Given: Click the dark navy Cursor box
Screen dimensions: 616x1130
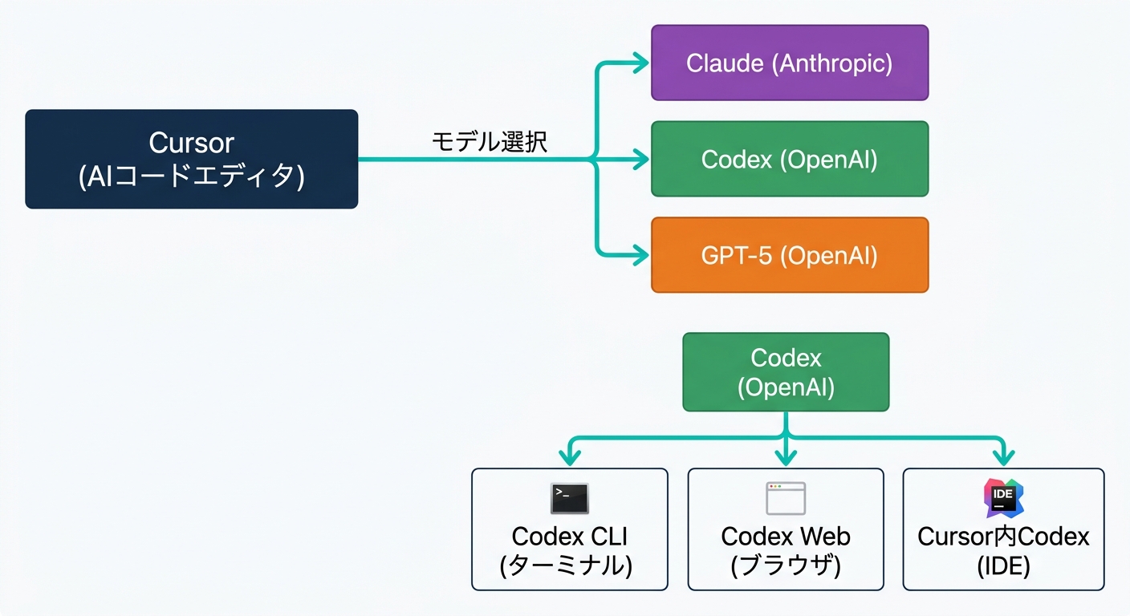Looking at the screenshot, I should (191, 159).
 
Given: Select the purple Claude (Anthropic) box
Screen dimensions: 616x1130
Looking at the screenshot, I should (789, 63).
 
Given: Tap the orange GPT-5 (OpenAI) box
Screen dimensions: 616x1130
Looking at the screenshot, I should (789, 255).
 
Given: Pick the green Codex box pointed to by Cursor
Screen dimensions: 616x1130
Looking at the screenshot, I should (789, 159).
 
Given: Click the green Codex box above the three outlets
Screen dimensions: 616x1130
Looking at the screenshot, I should (786, 372).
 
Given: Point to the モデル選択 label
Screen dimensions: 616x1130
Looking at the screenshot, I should (490, 143).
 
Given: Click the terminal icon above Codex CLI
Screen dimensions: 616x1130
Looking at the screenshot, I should (570, 498).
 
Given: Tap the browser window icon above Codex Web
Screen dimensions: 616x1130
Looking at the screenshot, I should (786, 498).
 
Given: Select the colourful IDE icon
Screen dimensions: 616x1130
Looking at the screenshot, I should (1004, 498).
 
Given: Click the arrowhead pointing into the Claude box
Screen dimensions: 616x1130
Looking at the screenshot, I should (640, 63).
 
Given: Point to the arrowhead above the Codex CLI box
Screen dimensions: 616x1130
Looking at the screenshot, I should (570, 457).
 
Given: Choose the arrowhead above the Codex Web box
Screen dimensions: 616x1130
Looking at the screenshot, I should (786, 457).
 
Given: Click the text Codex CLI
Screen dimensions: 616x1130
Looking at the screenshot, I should (569, 536).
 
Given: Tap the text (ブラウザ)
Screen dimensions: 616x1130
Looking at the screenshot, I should (786, 565).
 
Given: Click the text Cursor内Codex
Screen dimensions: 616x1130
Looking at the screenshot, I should (1003, 536).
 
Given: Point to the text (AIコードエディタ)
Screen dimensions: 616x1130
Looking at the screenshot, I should (191, 176).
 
